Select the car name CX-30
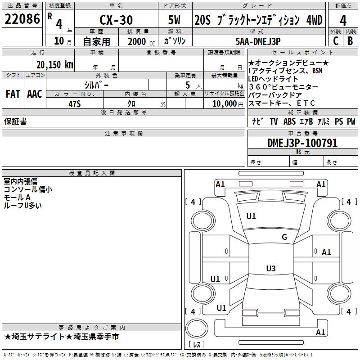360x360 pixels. (x=116, y=20)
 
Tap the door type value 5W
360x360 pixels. (x=175, y=20)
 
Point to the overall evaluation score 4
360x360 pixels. (x=343, y=20)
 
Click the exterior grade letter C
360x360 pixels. (x=335, y=40)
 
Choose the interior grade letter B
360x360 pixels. (x=351, y=40)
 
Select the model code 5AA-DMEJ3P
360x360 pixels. (x=258, y=41)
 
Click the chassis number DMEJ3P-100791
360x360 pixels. (x=302, y=143)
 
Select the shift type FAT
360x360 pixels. (x=13, y=94)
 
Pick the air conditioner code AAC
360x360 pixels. (x=34, y=94)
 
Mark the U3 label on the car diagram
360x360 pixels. (x=270, y=269)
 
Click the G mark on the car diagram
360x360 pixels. (x=284, y=237)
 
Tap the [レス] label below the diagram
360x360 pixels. (x=196, y=345)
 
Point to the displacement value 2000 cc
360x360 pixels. (x=140, y=41)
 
